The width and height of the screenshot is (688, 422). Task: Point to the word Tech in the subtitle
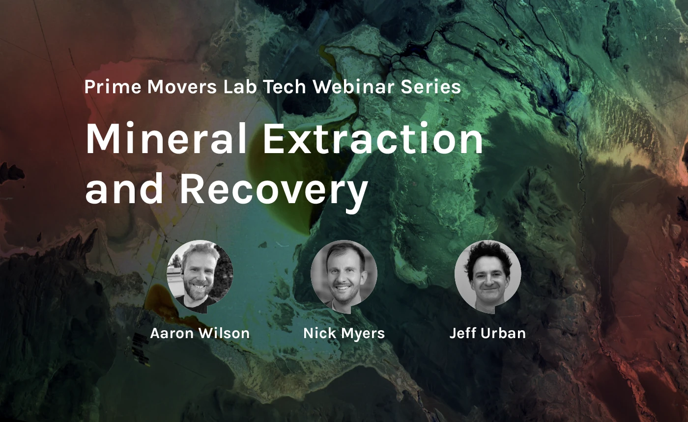[x=285, y=87]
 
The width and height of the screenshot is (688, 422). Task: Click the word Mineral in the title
[x=166, y=138]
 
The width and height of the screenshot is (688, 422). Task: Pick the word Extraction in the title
[x=373, y=138]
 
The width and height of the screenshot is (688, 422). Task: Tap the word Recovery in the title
[x=274, y=190]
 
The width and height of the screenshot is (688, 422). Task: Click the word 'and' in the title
[x=124, y=188]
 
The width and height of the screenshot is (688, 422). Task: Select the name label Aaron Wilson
[x=200, y=333]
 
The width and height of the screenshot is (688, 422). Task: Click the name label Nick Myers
[x=344, y=333]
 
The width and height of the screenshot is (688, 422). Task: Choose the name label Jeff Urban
[x=487, y=333]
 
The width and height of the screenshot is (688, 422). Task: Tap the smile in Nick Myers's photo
[x=343, y=288]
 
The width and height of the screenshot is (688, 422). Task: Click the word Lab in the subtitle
[x=240, y=87]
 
